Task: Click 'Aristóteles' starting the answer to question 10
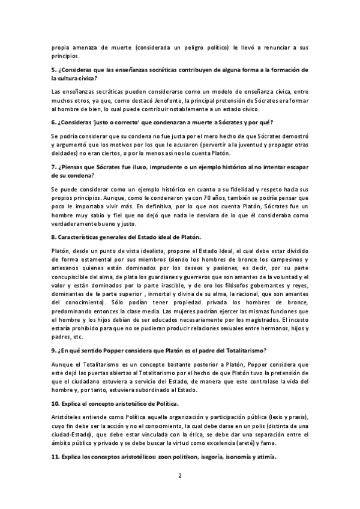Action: [x=68, y=417]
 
